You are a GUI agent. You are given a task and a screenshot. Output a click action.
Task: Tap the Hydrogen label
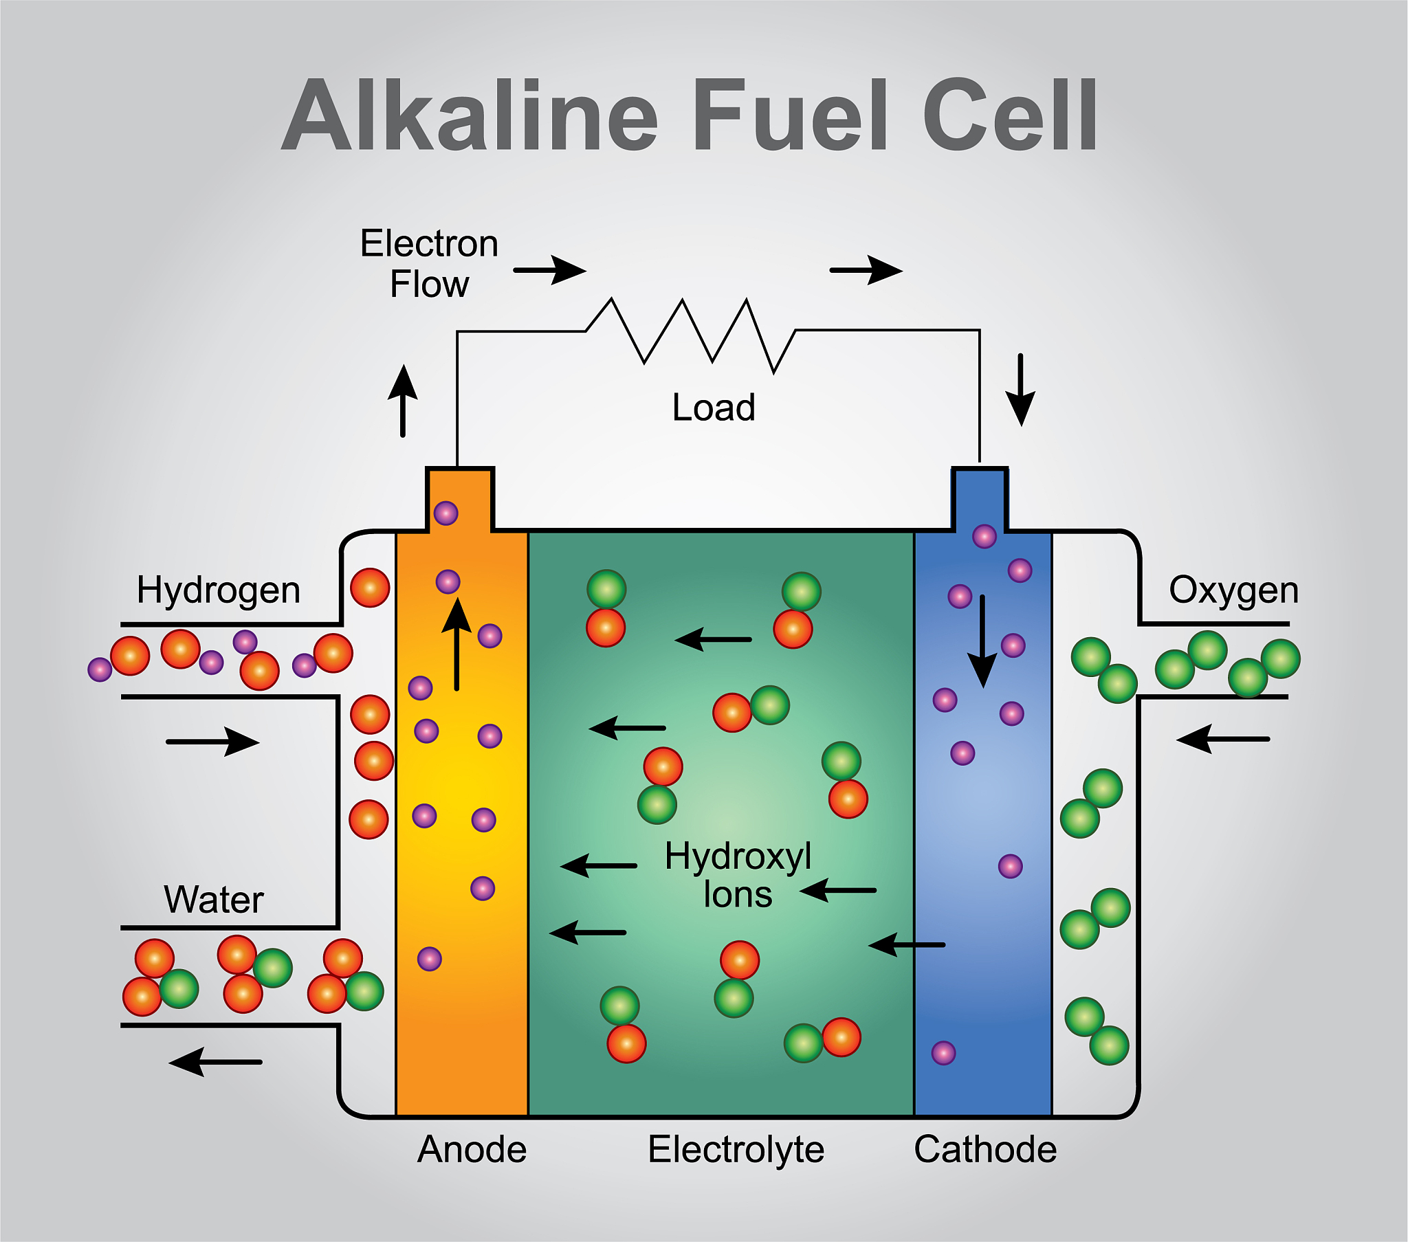[x=219, y=590]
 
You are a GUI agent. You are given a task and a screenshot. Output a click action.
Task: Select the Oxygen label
[x=1233, y=590]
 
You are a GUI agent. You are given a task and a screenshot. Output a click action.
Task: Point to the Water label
[x=214, y=900]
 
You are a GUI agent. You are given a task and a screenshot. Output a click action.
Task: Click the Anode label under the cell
[x=472, y=1149]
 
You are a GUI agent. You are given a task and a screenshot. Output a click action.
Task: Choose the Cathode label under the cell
[x=985, y=1149]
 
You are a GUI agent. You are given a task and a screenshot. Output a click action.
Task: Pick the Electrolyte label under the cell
[x=736, y=1149]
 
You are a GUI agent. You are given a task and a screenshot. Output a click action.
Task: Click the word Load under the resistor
[x=714, y=407]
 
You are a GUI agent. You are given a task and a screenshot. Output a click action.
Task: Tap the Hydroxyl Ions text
[x=738, y=875]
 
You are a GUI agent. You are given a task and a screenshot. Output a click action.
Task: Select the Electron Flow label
[x=429, y=264]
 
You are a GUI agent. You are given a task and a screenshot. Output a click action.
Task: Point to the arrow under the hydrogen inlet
[x=213, y=742]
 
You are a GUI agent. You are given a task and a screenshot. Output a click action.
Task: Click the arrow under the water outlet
[x=215, y=1061]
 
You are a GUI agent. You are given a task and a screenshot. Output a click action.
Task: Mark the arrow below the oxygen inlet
[x=1222, y=739]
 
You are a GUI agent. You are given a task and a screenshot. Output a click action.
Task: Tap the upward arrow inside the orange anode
[x=456, y=644]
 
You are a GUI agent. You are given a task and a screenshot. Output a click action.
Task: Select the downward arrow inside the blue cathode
[x=982, y=641]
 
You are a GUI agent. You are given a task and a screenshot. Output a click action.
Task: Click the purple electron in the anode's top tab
[x=445, y=513]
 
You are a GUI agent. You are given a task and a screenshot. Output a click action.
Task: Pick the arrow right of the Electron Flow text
[x=550, y=270]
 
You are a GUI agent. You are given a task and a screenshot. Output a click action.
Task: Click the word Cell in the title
[x=1009, y=115]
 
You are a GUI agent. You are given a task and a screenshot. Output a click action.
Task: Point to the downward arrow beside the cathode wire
[x=1020, y=390]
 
